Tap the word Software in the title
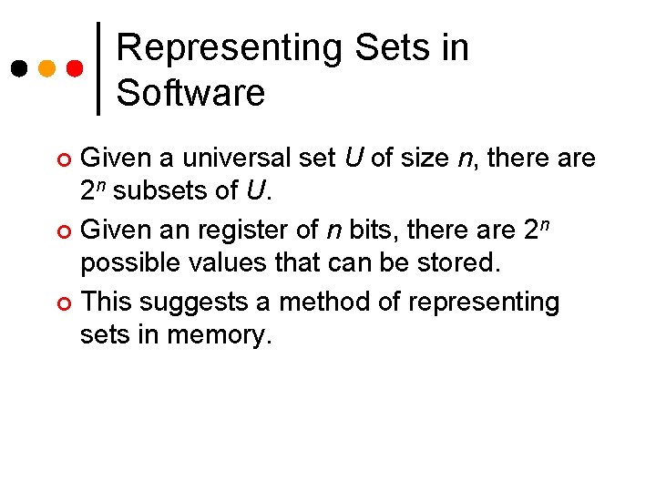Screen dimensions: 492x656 tap(190, 93)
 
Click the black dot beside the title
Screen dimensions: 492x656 tap(18, 68)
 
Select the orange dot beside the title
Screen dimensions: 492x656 tap(47, 68)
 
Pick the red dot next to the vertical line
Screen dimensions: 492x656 tap(76, 68)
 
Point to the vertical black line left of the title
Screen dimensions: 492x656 tap(98, 68)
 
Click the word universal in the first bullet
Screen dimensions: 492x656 tap(237, 159)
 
